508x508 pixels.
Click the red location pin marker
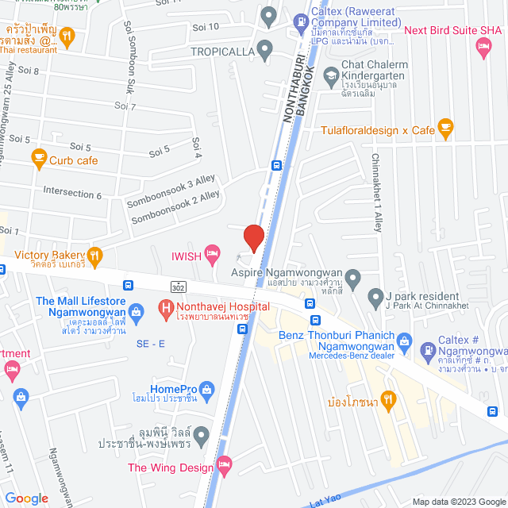tap(253, 237)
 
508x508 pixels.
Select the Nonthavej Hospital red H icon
tap(166, 306)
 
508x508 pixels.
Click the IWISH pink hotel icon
tap(212, 254)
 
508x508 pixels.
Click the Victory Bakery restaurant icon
tap(95, 255)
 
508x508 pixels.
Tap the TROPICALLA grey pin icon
tap(265, 51)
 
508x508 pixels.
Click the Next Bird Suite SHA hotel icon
tap(483, 48)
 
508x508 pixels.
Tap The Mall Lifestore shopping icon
tap(136, 310)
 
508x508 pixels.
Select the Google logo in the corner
tap(26, 498)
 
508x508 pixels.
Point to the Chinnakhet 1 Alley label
tap(377, 188)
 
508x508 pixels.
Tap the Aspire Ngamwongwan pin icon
tap(354, 278)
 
